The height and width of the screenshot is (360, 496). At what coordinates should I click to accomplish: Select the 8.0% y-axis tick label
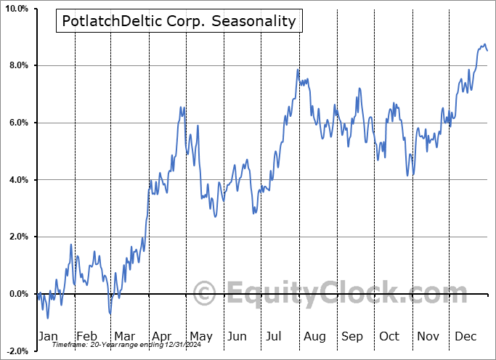(17, 66)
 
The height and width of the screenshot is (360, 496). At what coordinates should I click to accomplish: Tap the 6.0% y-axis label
(17, 123)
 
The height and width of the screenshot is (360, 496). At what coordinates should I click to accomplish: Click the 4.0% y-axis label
(17, 180)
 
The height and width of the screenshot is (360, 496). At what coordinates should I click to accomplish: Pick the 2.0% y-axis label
(17, 237)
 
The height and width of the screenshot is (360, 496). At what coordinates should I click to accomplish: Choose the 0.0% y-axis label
(17, 294)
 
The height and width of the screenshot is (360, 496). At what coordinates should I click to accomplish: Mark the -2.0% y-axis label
(16, 351)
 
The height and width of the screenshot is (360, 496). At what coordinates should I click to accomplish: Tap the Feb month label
(86, 336)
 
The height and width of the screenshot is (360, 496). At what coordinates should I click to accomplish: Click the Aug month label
(314, 336)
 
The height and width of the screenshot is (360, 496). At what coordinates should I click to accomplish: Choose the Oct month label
(390, 336)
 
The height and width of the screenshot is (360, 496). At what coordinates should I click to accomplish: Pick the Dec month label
(465, 336)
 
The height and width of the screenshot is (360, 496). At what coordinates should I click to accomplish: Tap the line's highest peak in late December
(485, 45)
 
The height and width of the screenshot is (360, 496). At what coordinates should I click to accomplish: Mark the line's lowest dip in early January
(48, 318)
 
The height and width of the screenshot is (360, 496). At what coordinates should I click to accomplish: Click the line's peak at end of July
(298, 70)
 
